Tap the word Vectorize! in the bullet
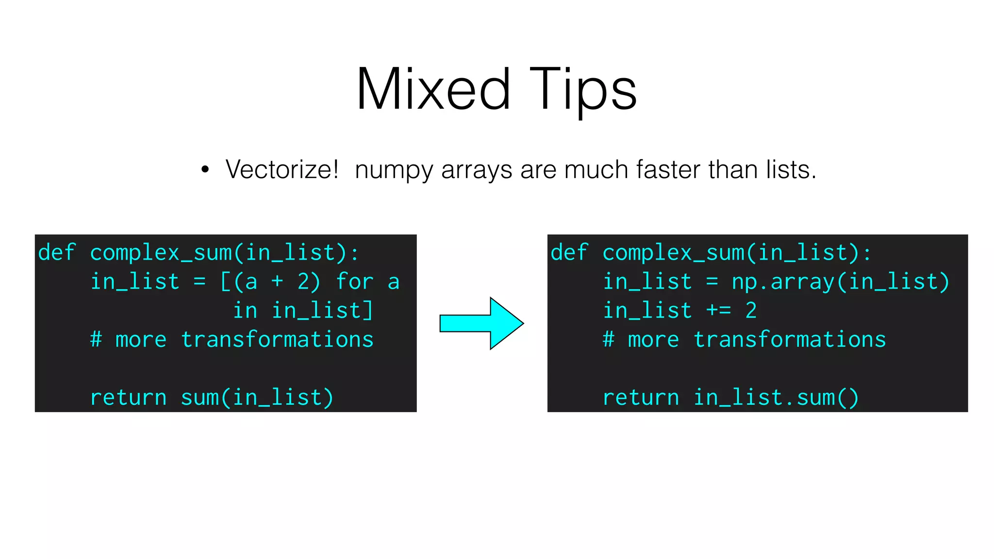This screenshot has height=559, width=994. (282, 170)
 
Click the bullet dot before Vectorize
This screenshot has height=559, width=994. (205, 170)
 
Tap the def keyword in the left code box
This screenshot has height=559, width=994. (57, 253)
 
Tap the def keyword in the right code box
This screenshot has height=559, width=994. (569, 253)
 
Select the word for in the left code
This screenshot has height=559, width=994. (355, 281)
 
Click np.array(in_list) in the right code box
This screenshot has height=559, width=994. (840, 282)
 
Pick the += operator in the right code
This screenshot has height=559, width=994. (719, 311)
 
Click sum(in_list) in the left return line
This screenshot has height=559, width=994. (257, 398)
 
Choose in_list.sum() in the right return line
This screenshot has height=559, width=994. (776, 398)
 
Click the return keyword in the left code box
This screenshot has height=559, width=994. (128, 398)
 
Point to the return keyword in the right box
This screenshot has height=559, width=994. (641, 398)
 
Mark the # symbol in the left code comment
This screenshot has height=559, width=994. (96, 340)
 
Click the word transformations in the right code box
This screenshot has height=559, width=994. (790, 340)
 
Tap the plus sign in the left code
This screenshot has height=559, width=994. (277, 281)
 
